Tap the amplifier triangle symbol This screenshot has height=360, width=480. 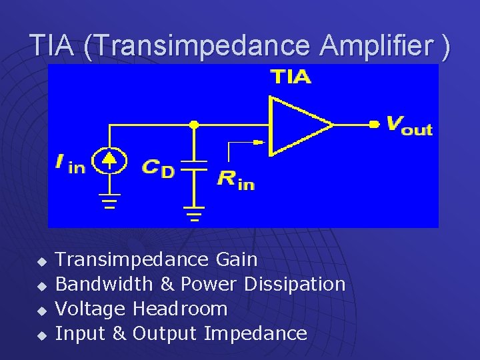297,125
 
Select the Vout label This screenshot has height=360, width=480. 409,125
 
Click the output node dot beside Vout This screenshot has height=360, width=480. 374,124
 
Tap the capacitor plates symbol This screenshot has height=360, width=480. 194,165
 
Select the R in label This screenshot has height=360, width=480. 235,179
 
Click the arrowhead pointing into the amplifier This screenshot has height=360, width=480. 259,141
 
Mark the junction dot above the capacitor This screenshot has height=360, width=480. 194,124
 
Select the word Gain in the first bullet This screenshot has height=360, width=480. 237,259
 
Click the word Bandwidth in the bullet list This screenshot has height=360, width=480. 104,284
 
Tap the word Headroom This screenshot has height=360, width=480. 180,309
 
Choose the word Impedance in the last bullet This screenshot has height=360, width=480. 255,333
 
